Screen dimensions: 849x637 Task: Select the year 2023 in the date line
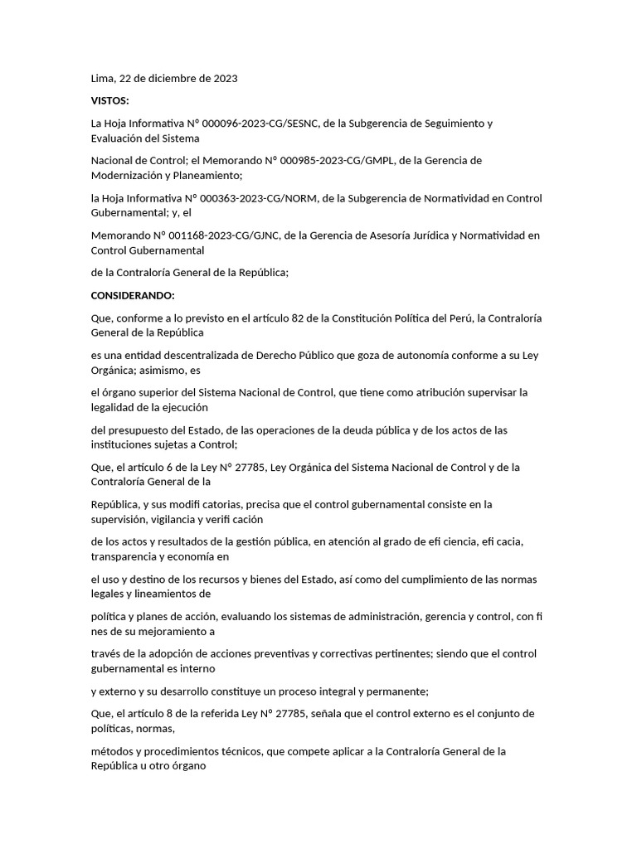pyautogui.click(x=224, y=79)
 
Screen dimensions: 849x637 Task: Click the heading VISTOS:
pyautogui.click(x=109, y=101)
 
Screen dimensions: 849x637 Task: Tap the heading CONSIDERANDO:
pyautogui.click(x=132, y=295)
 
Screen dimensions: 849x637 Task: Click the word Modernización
pyautogui.click(x=132, y=176)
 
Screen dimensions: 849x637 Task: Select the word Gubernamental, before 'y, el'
pyautogui.click(x=130, y=213)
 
